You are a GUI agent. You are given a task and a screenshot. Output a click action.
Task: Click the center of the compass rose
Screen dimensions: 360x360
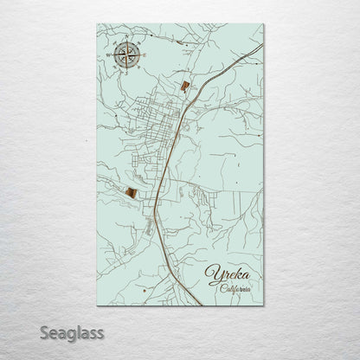coord(125,55)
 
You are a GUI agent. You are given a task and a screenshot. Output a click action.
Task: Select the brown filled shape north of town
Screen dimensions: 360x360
coord(184,85)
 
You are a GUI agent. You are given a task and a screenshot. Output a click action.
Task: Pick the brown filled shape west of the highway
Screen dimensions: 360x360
coord(130,192)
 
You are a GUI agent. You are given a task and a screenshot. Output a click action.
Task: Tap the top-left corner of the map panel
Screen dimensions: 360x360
coord(97,24)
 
